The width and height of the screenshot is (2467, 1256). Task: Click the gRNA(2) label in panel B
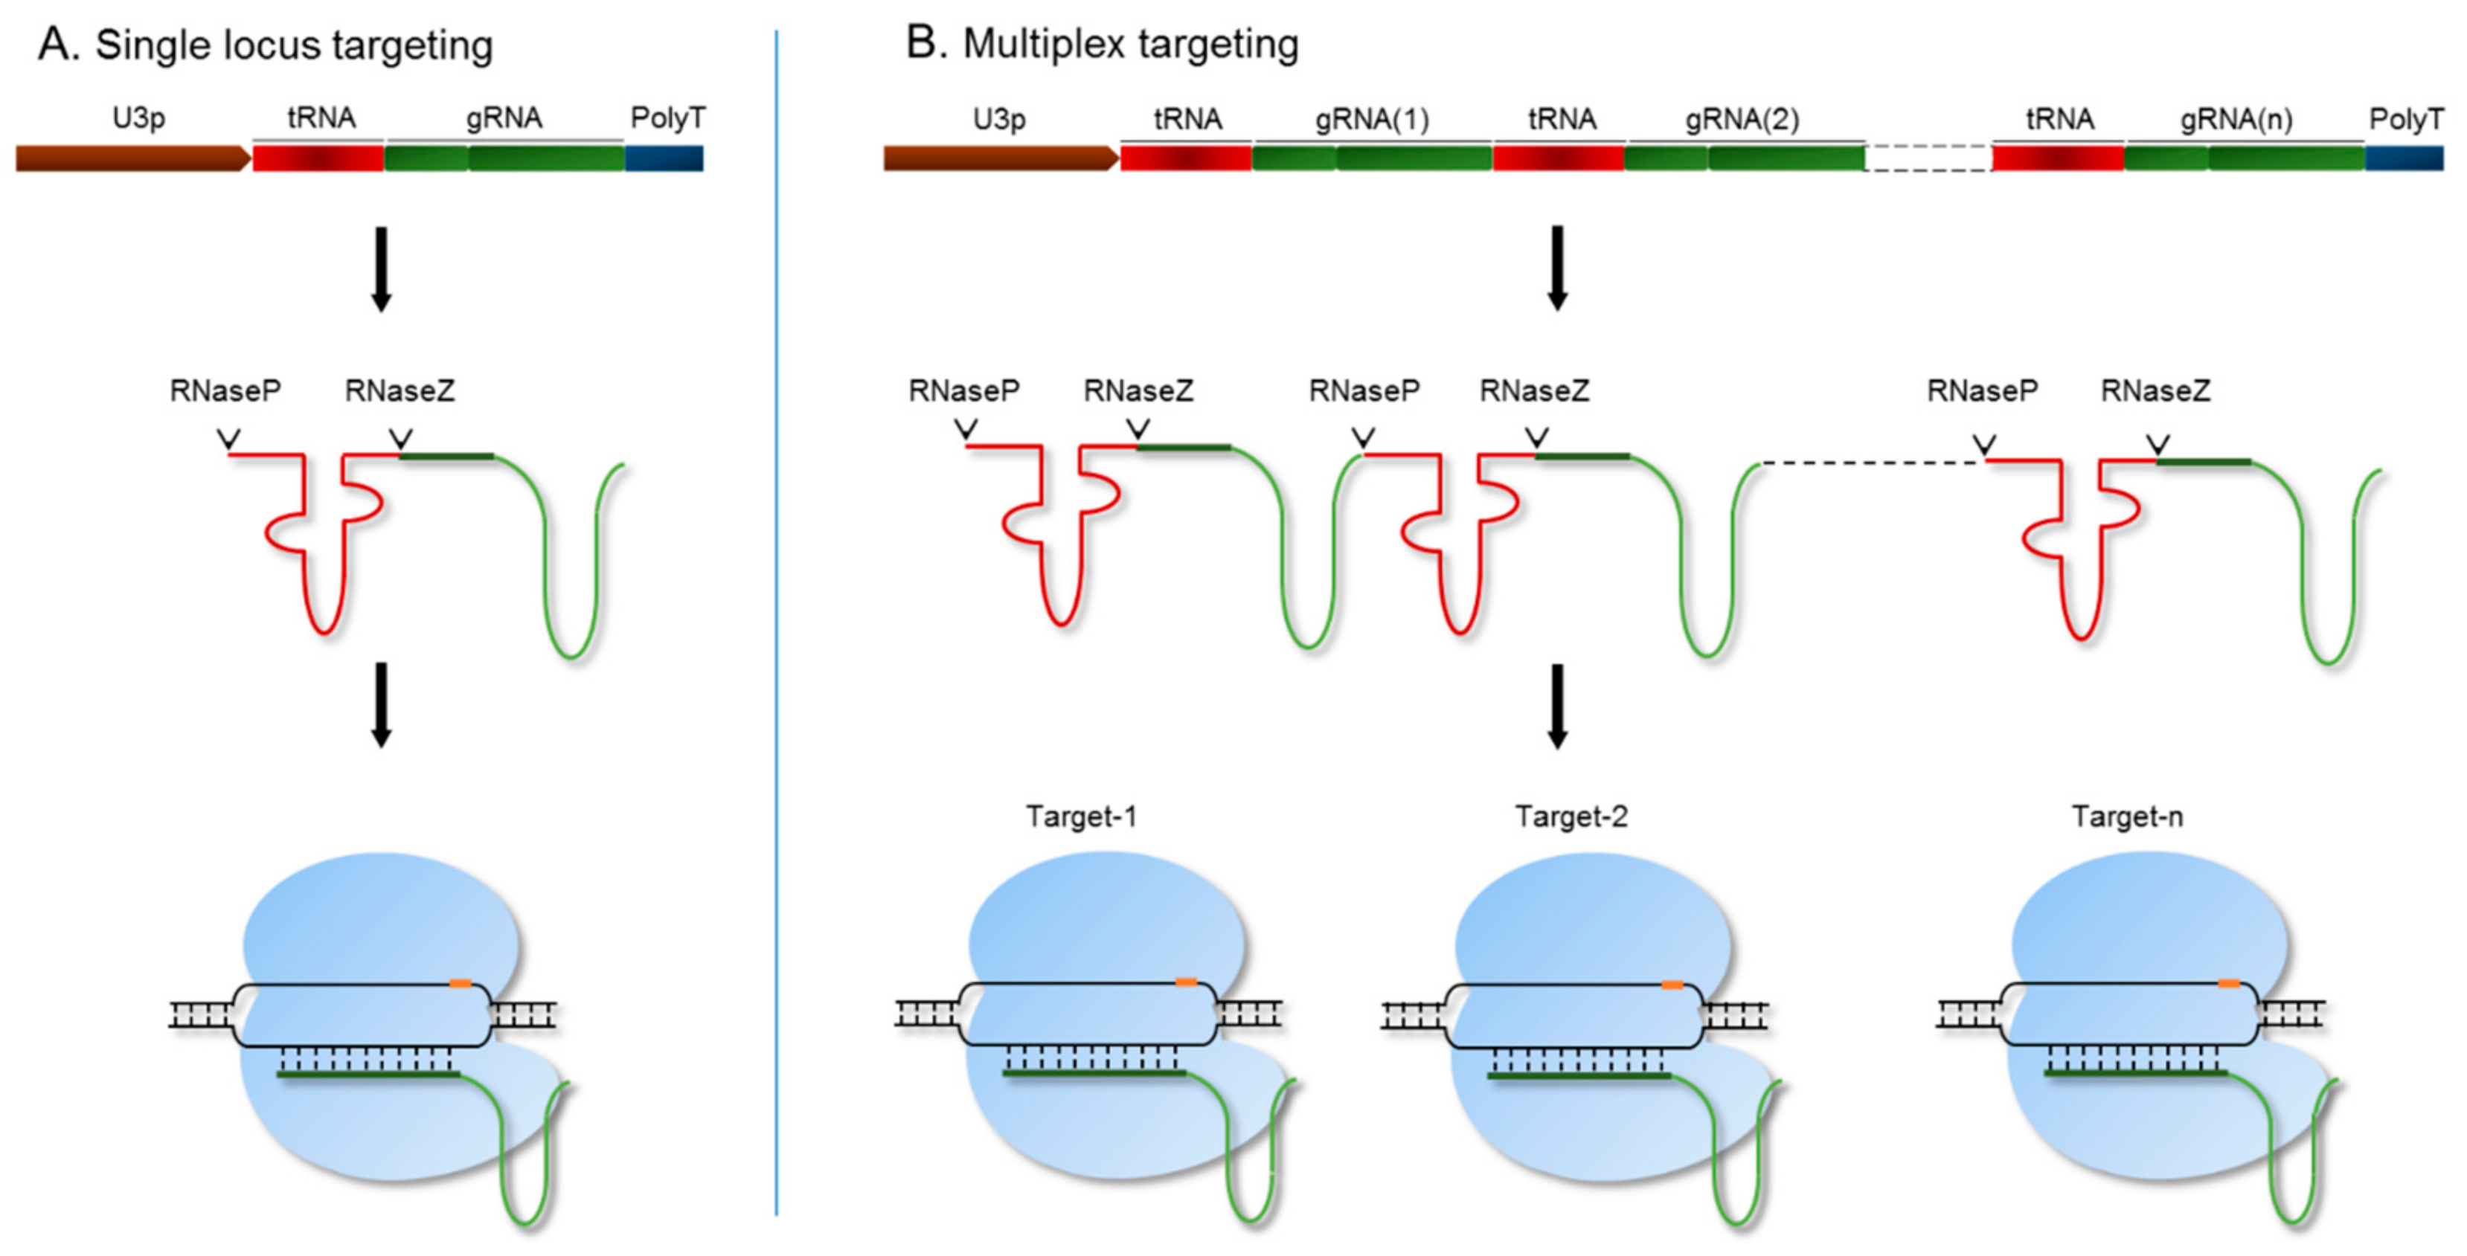(x=1742, y=120)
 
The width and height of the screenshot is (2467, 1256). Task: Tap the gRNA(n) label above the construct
(x=2236, y=120)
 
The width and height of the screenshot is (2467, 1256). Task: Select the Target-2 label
(x=1571, y=817)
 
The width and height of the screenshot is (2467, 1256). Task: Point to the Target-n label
(x=2127, y=817)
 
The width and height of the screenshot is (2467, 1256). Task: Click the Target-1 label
(x=1081, y=817)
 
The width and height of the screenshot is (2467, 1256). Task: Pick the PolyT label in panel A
(x=667, y=117)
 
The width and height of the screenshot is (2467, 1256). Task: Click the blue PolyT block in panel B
(x=2404, y=157)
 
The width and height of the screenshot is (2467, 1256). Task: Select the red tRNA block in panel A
(x=318, y=158)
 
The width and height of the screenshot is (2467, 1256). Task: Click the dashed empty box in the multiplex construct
(x=1928, y=157)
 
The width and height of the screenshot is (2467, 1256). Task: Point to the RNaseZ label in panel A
(x=400, y=390)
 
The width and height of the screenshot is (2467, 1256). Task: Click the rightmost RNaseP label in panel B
(x=1983, y=390)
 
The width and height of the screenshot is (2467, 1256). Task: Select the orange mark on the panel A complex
(x=460, y=983)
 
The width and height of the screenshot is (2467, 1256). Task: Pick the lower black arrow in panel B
(x=1557, y=706)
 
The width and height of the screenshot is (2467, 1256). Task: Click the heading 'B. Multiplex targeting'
(x=1101, y=44)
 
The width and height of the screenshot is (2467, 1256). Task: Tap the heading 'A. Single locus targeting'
(x=266, y=45)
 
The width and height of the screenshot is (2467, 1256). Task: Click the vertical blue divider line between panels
(x=776, y=622)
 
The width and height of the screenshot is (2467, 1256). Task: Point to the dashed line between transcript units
(x=1873, y=463)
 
